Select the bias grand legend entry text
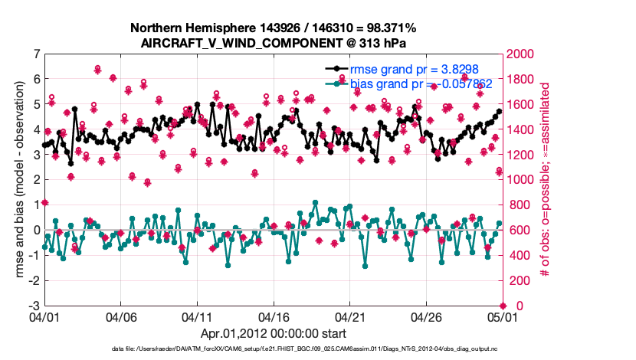coord(400,83)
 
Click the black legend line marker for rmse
coord(336,69)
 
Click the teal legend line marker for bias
coord(336,83)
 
